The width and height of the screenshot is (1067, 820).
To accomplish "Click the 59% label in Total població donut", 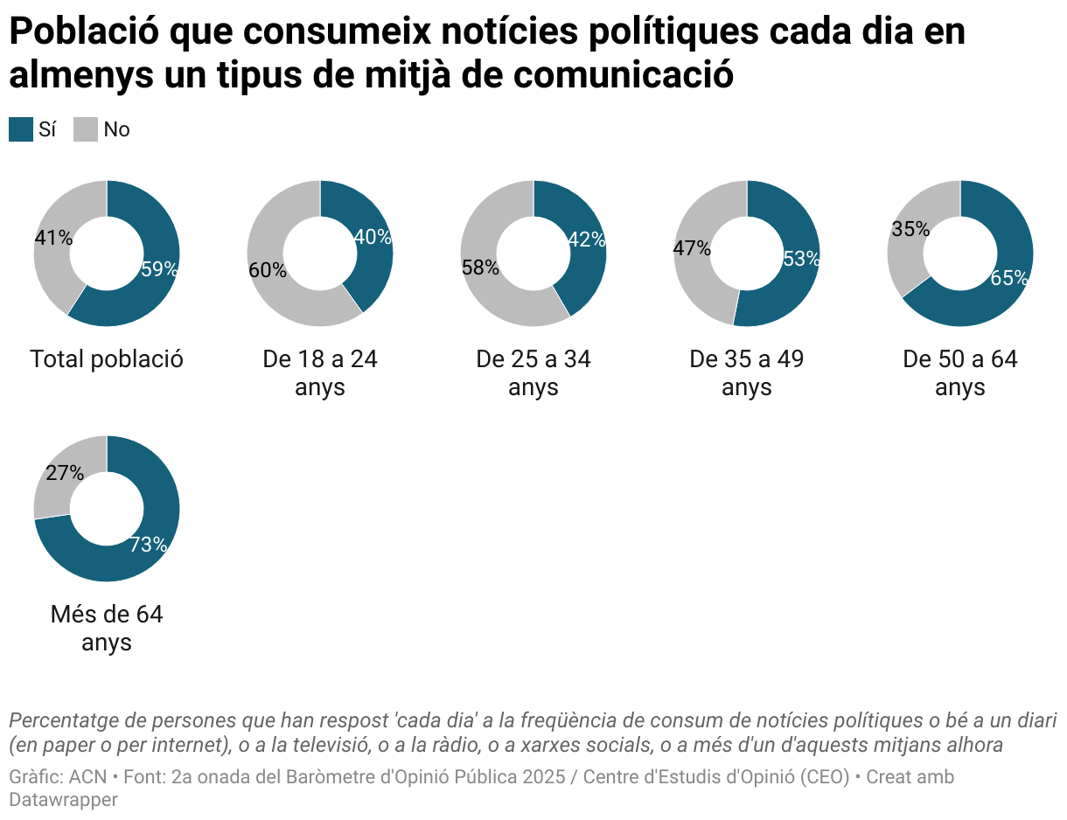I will point(159,269).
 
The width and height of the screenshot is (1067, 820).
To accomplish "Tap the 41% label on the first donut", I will point(53,238).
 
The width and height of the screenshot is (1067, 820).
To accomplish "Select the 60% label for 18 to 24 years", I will point(268,270).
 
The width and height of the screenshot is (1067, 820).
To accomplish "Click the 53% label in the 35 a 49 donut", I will point(801,259).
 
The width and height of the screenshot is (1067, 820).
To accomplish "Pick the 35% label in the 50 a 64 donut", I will point(910,230).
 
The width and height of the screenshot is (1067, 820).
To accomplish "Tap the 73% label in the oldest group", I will point(148,545).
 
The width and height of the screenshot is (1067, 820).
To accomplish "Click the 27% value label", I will point(65,474).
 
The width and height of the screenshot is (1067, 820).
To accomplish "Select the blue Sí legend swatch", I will point(20,129).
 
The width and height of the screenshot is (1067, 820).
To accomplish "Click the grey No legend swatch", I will point(85,129).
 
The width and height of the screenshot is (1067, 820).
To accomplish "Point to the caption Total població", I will point(107,359).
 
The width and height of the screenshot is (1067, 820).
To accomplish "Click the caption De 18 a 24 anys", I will point(320,372).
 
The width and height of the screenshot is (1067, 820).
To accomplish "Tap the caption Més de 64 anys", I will point(107,628).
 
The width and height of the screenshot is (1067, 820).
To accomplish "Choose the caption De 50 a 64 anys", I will point(960,372).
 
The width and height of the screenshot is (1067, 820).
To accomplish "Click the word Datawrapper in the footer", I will point(63,799).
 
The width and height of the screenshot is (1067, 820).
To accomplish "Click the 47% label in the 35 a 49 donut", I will point(692,248).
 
